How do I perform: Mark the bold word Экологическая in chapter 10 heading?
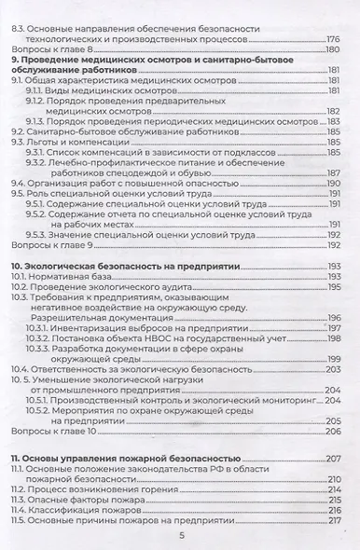pos(62,267)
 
